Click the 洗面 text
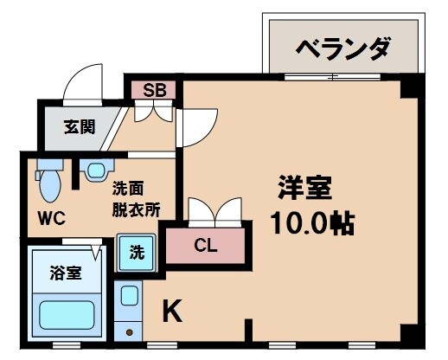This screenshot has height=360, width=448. click(127, 187)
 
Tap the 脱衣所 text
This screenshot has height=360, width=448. click(134, 209)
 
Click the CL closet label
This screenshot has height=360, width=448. click(206, 245)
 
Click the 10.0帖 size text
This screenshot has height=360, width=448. click(312, 223)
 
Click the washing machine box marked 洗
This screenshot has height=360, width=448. click(137, 254)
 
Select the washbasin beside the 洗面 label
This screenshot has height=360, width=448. click(96, 170)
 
